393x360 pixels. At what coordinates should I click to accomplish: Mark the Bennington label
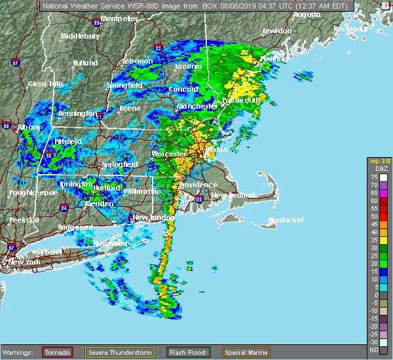click(77, 114)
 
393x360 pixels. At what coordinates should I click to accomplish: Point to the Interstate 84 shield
click(64, 207)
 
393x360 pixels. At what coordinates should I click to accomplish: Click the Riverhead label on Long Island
click(109, 243)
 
